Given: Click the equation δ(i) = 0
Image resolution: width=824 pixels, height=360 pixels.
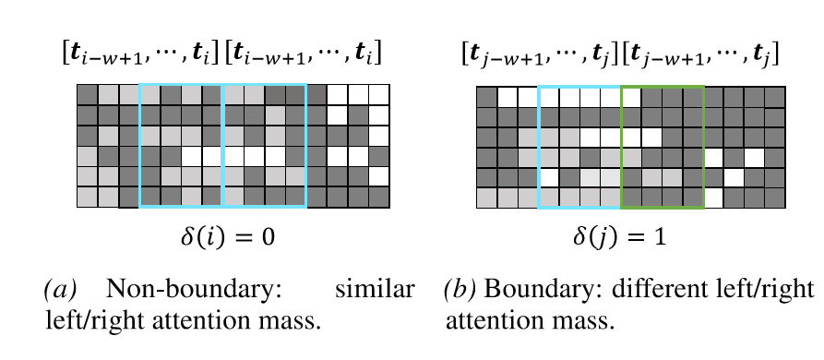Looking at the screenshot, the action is [x=227, y=238].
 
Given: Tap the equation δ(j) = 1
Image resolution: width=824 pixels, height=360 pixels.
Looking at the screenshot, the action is [x=619, y=238].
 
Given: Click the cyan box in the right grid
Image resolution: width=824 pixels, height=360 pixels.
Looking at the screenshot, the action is [x=539, y=147].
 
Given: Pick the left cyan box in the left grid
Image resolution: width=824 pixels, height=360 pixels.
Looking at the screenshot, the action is [x=139, y=145].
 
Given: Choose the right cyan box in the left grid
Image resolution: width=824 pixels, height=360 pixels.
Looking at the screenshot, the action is [x=306, y=145].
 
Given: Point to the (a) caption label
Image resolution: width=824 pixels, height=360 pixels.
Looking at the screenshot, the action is [x=60, y=289].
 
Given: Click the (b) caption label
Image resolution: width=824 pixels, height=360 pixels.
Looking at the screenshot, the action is [x=460, y=289].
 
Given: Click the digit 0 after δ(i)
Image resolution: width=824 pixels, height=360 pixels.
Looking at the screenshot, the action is [x=268, y=237].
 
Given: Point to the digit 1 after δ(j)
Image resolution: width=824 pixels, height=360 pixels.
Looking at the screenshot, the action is [x=660, y=237].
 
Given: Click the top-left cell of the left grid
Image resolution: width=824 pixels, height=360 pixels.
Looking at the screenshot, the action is [x=88, y=94].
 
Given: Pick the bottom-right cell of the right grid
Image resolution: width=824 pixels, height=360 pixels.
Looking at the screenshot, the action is [x=774, y=198].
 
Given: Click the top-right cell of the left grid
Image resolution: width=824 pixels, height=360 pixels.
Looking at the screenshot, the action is [x=379, y=94].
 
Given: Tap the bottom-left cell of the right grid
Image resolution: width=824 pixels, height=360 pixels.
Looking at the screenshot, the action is [x=486, y=198].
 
